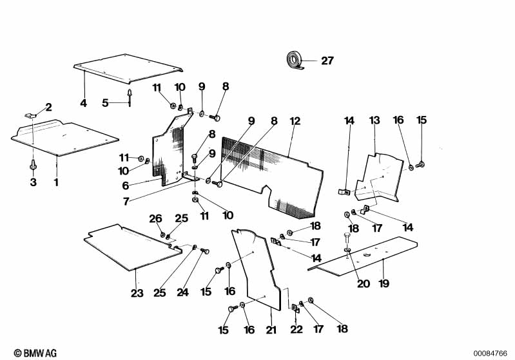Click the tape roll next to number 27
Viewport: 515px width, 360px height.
click(296, 61)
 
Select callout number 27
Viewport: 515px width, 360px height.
click(327, 61)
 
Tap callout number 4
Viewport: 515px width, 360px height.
click(83, 103)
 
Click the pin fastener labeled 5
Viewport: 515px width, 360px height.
click(131, 99)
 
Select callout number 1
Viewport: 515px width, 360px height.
click(56, 182)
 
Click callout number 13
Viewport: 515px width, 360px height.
click(374, 120)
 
